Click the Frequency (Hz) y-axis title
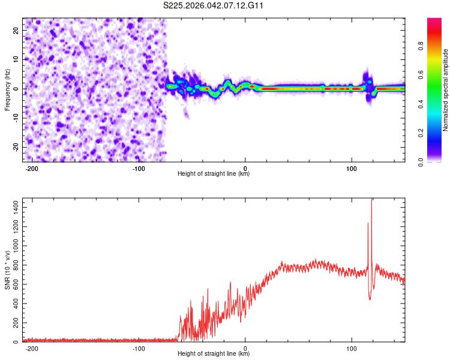tap(7, 89)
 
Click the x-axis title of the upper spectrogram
tap(214, 174)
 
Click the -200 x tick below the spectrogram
tap(32, 168)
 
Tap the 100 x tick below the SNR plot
tap(352, 349)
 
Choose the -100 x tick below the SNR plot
tap(139, 349)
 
